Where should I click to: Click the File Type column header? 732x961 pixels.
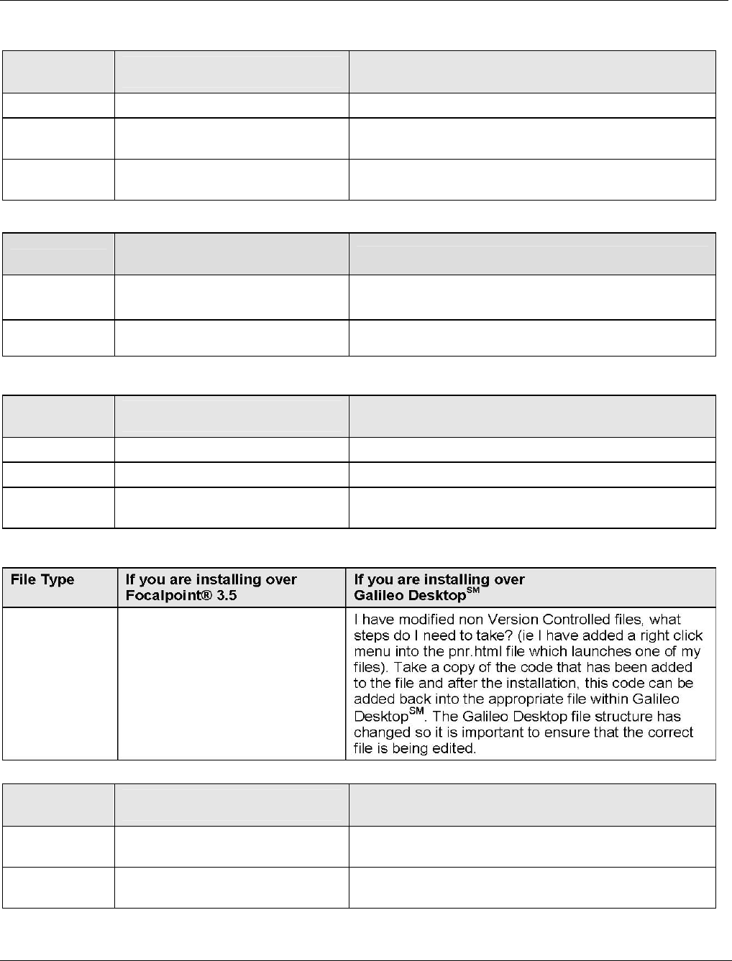[42, 580]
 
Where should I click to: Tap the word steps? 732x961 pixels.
[372, 635]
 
